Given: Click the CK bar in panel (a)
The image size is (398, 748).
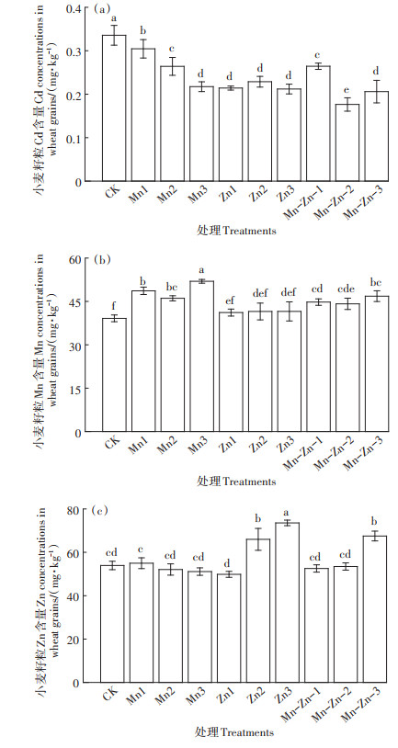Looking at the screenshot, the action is (114, 108).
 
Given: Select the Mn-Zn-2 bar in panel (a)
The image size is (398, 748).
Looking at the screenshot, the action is (347, 142).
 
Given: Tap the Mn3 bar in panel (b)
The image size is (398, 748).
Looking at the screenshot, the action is (202, 357).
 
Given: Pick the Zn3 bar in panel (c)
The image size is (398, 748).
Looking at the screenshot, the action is (287, 603).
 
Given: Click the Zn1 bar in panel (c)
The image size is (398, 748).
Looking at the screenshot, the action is (229, 629).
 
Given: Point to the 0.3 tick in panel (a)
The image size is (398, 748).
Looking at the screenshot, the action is (85, 51).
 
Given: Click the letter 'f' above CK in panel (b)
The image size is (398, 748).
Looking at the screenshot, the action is (114, 307).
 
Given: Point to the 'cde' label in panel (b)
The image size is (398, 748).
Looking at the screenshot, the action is (347, 290).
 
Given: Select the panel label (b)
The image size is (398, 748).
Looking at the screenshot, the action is (103, 260).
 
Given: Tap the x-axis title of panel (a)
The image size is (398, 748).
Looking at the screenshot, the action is (236, 231).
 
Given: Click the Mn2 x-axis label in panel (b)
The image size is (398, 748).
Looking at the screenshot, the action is (165, 445).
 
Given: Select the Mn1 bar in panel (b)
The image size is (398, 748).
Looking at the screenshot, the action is (143, 361).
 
